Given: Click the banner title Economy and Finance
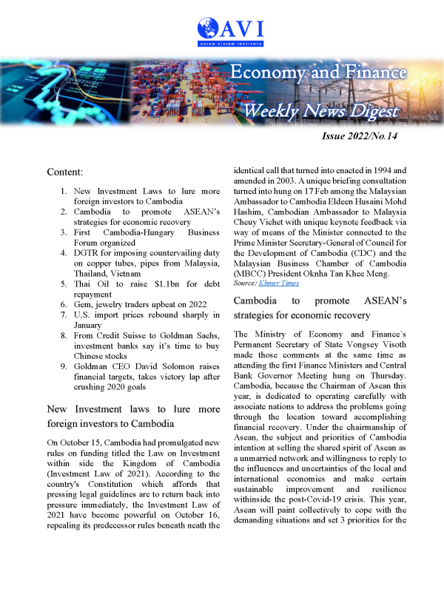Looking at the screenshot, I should click(317, 73).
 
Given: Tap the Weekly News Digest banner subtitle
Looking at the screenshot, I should click(321, 112).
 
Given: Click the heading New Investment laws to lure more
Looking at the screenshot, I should click(133, 408).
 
